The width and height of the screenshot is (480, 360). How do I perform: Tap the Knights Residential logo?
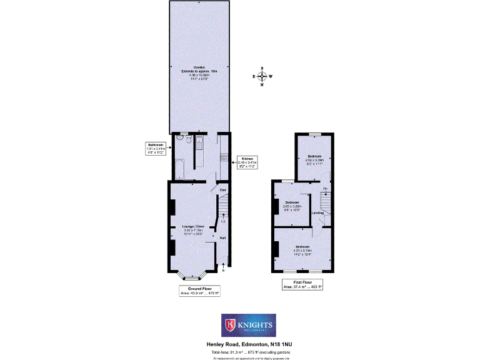coord(248,325)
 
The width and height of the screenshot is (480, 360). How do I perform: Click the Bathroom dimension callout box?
coord(156,148)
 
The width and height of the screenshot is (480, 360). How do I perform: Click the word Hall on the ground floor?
coord(222,237)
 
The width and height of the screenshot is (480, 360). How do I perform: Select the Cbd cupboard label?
coord(222,189)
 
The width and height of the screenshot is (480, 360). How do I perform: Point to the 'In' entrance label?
coord(223,270)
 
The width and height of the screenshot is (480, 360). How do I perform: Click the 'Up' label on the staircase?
coord(223,221)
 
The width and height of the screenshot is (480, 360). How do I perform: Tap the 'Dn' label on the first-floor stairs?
coord(325,188)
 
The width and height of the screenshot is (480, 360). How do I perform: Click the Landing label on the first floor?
coord(318,212)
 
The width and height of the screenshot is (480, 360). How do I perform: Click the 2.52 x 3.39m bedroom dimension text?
coord(314,160)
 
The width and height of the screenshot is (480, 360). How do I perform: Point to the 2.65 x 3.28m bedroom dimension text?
coord(292,206)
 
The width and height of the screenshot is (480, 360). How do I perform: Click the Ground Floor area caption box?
coord(199,291)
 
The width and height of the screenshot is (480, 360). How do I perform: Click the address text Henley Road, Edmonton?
coord(247,344)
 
